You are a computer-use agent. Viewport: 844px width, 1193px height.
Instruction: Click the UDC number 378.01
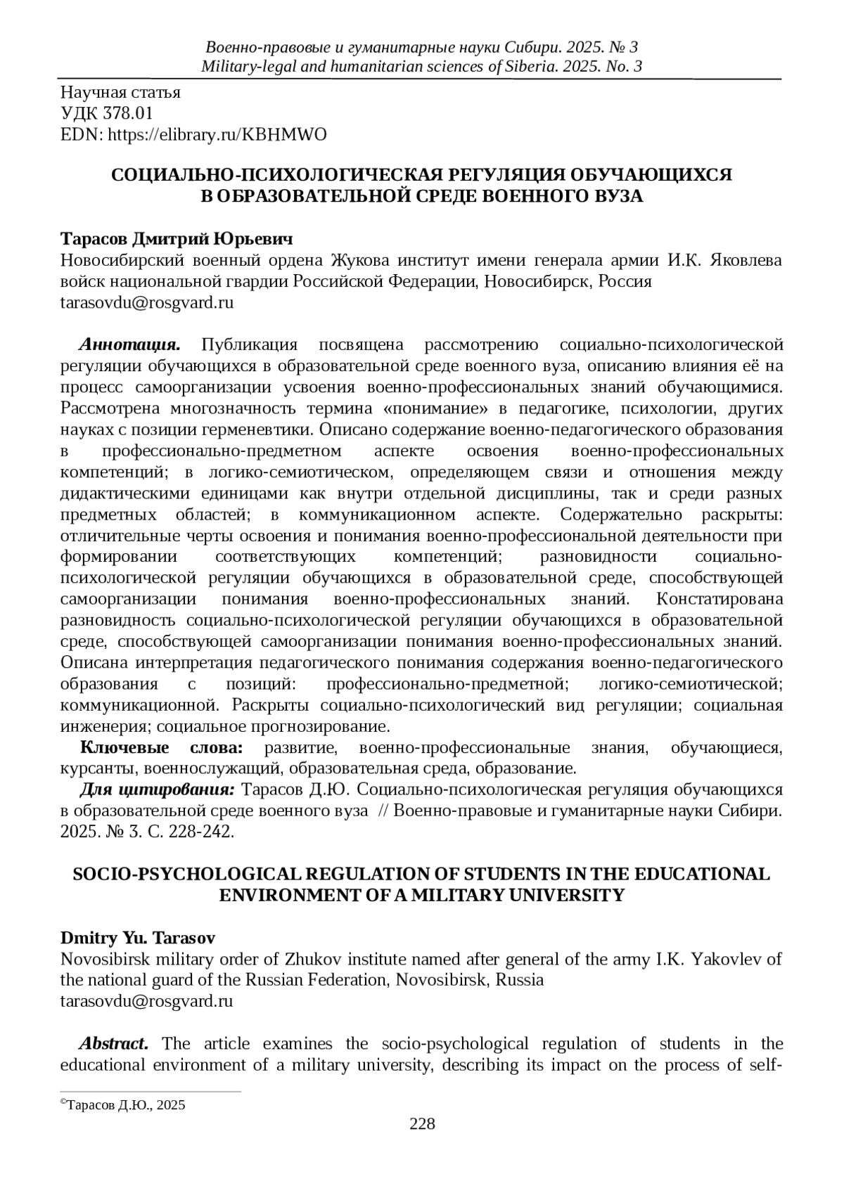(x=128, y=113)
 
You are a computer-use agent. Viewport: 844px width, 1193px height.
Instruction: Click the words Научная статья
(x=120, y=92)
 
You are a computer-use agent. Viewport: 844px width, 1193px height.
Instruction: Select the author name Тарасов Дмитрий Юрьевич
(x=177, y=238)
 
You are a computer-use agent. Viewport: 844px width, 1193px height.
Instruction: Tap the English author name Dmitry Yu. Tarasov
(x=138, y=938)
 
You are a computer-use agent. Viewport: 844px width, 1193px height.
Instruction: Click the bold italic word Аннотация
(x=130, y=344)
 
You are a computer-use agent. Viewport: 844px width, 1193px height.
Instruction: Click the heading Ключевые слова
(x=162, y=747)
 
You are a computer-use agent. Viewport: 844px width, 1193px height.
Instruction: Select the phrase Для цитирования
(x=159, y=789)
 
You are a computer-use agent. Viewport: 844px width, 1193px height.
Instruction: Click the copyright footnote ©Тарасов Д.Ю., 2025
(x=123, y=1105)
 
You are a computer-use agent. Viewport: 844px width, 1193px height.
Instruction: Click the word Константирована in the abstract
(x=719, y=599)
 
